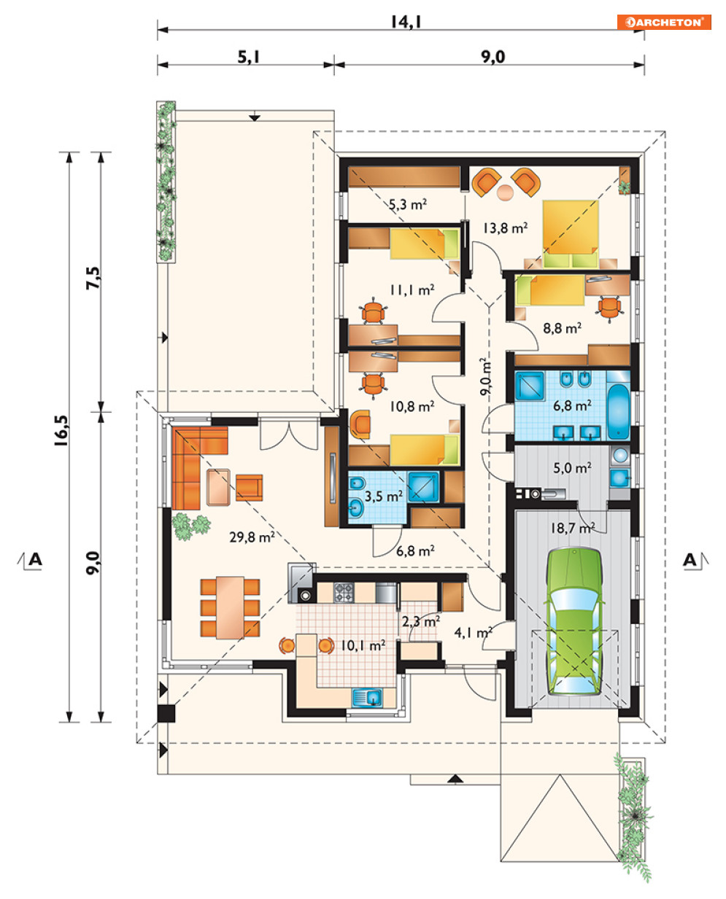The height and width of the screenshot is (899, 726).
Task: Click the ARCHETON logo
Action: click(x=664, y=22)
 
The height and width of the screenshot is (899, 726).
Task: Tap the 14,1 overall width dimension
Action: click(x=406, y=22)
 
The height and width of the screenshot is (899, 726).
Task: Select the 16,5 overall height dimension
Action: click(x=61, y=430)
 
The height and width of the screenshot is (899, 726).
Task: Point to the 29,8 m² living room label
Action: click(x=252, y=537)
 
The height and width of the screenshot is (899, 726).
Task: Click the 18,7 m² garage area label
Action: click(x=573, y=528)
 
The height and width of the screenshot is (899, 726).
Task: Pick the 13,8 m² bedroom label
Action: click(x=505, y=228)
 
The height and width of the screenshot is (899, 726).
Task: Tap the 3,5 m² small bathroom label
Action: click(x=384, y=497)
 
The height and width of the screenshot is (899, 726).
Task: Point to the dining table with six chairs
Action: click(x=230, y=608)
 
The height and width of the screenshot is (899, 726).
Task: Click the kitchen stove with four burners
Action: click(x=344, y=593)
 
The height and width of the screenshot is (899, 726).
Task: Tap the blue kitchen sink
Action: click(x=367, y=698)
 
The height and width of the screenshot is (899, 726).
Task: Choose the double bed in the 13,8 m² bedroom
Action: click(x=571, y=234)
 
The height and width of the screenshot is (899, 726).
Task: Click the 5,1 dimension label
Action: click(x=249, y=57)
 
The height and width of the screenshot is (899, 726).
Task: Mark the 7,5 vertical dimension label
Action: click(x=93, y=278)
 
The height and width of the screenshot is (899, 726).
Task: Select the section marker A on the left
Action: click(x=35, y=559)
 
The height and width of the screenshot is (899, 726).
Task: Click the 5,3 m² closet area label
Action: click(x=408, y=204)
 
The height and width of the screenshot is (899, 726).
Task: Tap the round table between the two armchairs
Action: click(x=506, y=192)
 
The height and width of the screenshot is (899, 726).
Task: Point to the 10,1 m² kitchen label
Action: click(x=363, y=645)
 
